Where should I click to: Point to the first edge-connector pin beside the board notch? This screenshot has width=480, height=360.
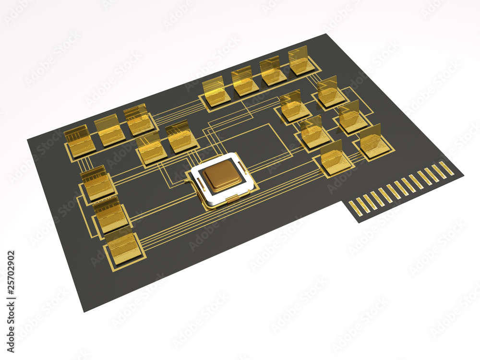(x=355, y=207)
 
